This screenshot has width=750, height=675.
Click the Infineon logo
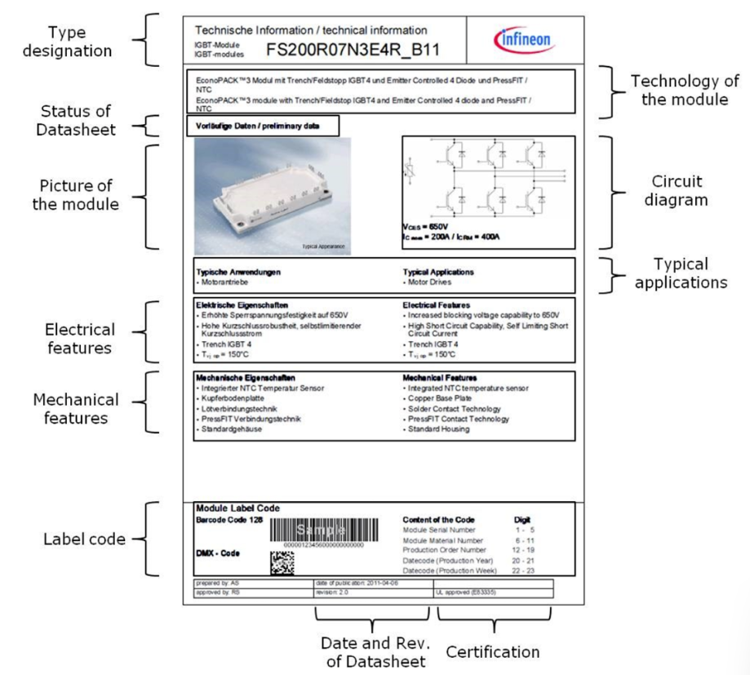(523, 39)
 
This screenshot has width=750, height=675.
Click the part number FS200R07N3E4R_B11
(353, 50)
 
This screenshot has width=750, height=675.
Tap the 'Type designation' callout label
(67, 42)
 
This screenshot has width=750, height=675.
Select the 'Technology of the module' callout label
(685, 91)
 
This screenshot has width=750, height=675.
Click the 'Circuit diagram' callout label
(677, 190)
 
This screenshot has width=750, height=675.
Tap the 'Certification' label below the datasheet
(492, 651)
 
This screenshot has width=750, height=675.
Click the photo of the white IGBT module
(273, 196)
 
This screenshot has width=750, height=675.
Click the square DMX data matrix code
(282, 562)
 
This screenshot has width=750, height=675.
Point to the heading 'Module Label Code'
(237, 508)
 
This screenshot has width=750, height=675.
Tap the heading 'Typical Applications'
(438, 272)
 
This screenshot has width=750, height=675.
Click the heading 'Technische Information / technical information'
(311, 31)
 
